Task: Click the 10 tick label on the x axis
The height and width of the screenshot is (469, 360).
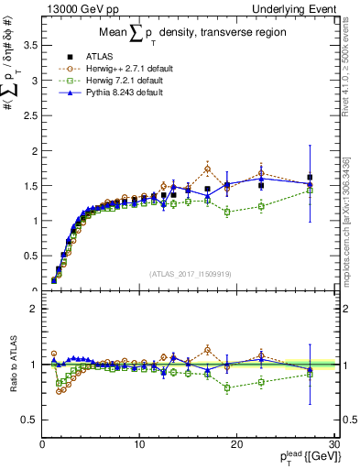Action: point(139,444)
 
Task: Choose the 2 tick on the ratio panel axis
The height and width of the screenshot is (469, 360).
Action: point(32,309)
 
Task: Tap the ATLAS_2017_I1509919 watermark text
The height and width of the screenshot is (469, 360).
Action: point(189,273)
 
